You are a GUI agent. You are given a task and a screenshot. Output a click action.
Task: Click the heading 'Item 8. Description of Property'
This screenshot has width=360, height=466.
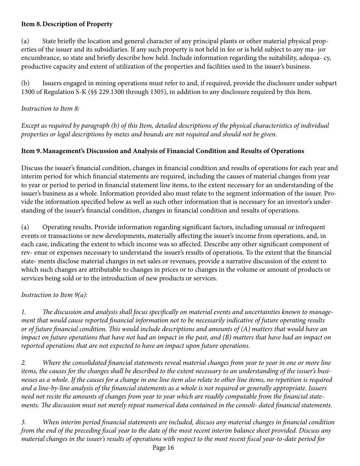coord(67,24)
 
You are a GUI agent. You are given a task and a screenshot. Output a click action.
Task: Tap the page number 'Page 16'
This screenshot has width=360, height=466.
coord(163,448)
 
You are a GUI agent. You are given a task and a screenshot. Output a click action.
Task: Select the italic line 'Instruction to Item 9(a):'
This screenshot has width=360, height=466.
coord(54,295)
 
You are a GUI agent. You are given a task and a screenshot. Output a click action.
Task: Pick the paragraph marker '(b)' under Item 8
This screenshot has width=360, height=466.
coord(25,83)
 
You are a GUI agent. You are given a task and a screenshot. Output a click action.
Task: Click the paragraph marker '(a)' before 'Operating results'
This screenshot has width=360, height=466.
coord(25,227)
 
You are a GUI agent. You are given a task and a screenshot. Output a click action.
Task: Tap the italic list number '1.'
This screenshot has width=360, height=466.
coord(23,312)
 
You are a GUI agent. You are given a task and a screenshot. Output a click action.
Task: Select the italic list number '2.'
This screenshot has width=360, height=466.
coord(23,363)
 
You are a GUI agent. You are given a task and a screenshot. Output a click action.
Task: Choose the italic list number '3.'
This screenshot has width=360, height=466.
coord(23,422)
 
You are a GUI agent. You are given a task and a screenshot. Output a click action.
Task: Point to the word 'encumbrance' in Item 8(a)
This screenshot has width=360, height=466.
coord(38,58)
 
